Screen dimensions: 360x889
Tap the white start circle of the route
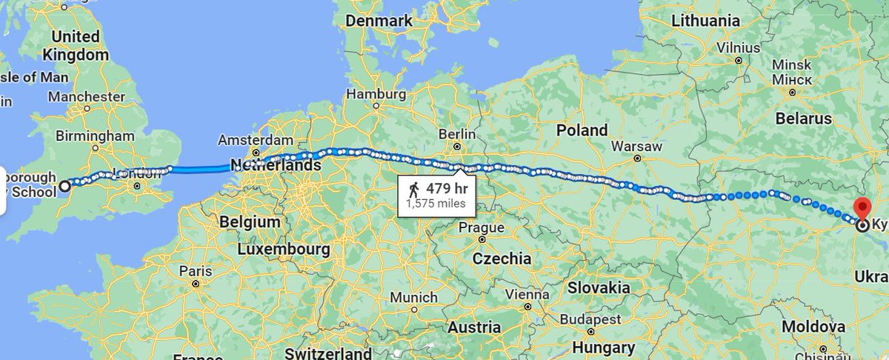click(65, 186)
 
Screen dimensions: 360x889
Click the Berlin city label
click(456, 133)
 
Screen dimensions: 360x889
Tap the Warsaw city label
click(636, 146)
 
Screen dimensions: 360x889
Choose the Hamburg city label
click(376, 95)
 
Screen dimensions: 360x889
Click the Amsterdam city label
click(256, 140)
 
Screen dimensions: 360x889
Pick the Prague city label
click(482, 227)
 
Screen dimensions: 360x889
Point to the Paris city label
click(195, 271)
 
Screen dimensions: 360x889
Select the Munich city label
click(413, 297)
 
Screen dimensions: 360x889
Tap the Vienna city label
click(527, 294)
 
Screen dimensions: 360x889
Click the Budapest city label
click(590, 319)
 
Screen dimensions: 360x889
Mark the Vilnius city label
click(738, 48)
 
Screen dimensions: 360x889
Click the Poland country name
click(582, 130)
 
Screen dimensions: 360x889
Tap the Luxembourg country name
click(284, 249)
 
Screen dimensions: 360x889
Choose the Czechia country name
click(502, 259)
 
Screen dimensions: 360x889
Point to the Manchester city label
click(87, 96)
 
